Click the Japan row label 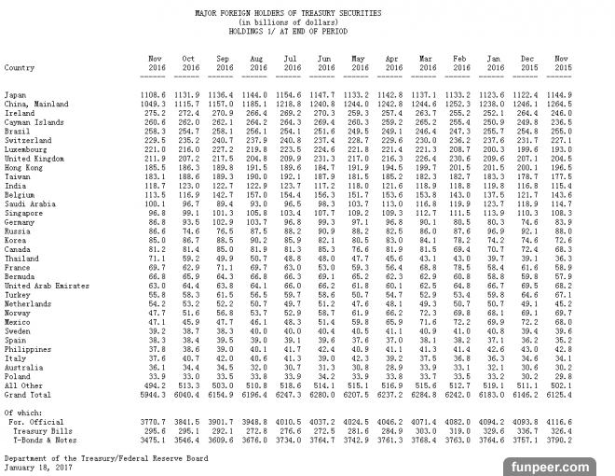click(x=15, y=94)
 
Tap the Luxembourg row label click(x=27, y=148)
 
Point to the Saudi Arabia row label click(x=30, y=203)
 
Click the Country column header click(x=20, y=67)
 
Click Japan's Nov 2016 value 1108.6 click(x=154, y=94)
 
